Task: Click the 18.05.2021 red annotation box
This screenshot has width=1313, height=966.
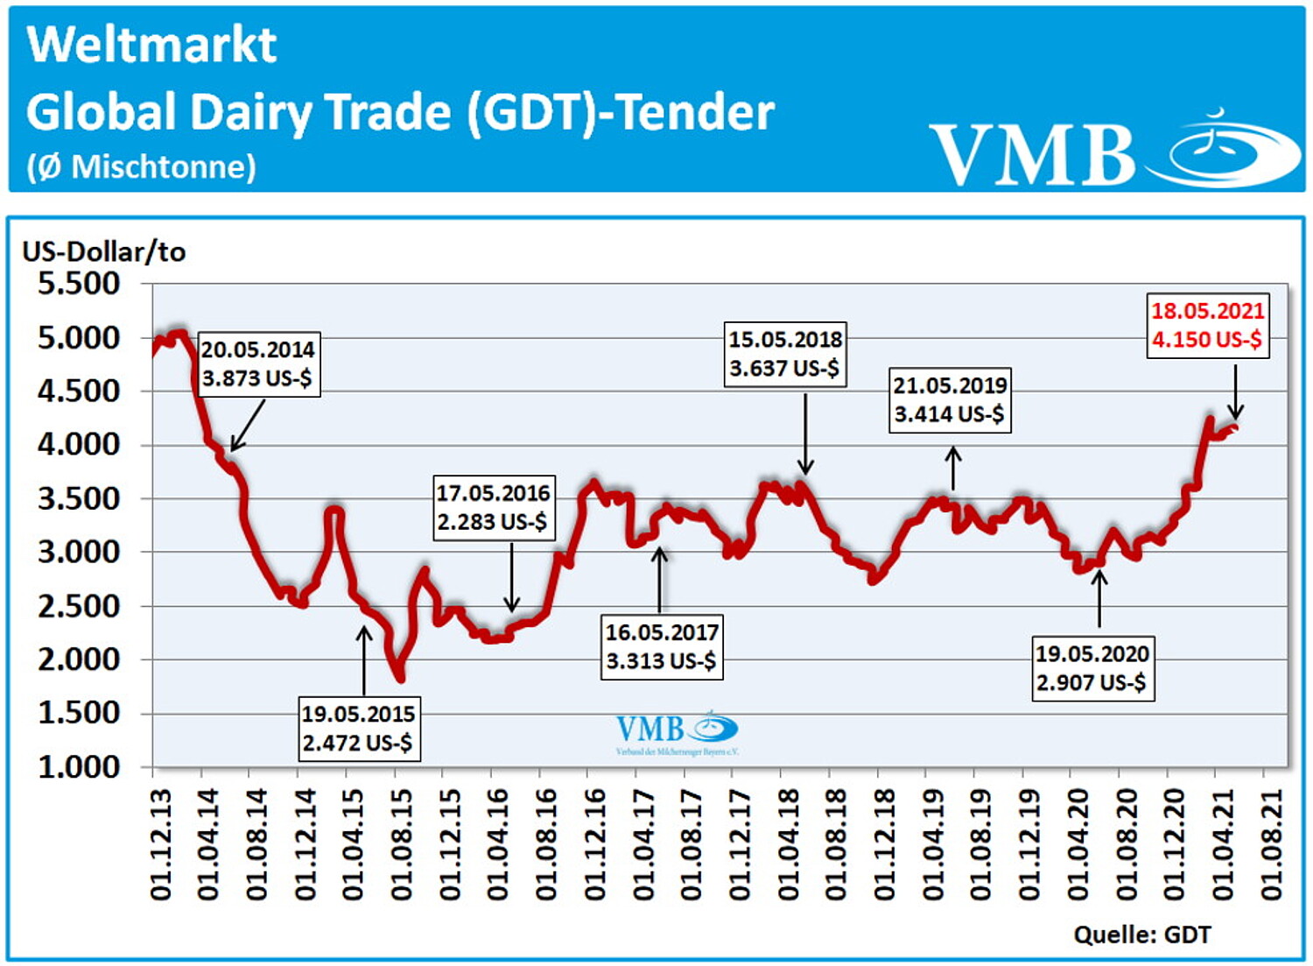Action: (1207, 326)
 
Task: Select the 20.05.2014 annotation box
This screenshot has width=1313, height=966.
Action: (257, 364)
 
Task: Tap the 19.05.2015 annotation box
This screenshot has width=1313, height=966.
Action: (357, 729)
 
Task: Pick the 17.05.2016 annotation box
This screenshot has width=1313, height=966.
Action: (493, 507)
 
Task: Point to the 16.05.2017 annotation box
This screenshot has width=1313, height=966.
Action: (662, 646)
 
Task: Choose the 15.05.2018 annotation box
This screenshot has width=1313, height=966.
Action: (785, 354)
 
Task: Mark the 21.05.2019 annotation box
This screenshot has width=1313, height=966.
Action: (950, 399)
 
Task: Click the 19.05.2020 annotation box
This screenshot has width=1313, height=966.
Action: (1092, 668)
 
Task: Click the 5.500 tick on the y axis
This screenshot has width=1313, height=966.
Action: (79, 284)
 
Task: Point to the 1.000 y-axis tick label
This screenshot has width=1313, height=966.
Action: (79, 767)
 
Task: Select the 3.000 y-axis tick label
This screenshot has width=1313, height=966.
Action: (79, 553)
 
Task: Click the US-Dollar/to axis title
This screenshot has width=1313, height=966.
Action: (104, 252)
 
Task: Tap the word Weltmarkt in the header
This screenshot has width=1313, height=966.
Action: (152, 46)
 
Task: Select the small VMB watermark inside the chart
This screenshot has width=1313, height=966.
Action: (677, 732)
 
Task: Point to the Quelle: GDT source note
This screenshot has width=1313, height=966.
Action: (1141, 935)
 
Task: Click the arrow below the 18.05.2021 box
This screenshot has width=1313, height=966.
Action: (1235, 392)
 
